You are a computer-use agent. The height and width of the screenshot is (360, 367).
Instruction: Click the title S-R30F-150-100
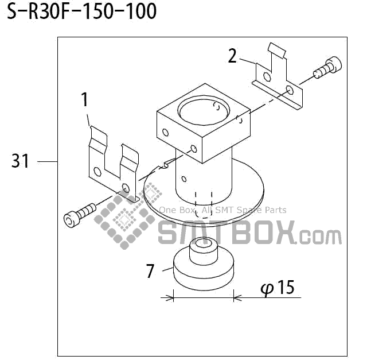pyautogui.click(x=81, y=11)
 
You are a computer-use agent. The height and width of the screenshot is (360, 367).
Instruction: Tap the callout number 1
pyautogui.click(x=85, y=100)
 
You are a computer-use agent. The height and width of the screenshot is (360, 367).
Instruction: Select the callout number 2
pyautogui.click(x=232, y=56)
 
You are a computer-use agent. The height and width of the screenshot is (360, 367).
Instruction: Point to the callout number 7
pyautogui.click(x=150, y=270)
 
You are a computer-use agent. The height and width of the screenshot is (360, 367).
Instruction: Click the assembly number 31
pyautogui.click(x=20, y=162)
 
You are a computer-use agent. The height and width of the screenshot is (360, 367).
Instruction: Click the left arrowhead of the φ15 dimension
pyautogui.click(x=170, y=297)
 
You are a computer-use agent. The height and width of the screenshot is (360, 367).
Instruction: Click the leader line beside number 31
pyautogui.click(x=47, y=162)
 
